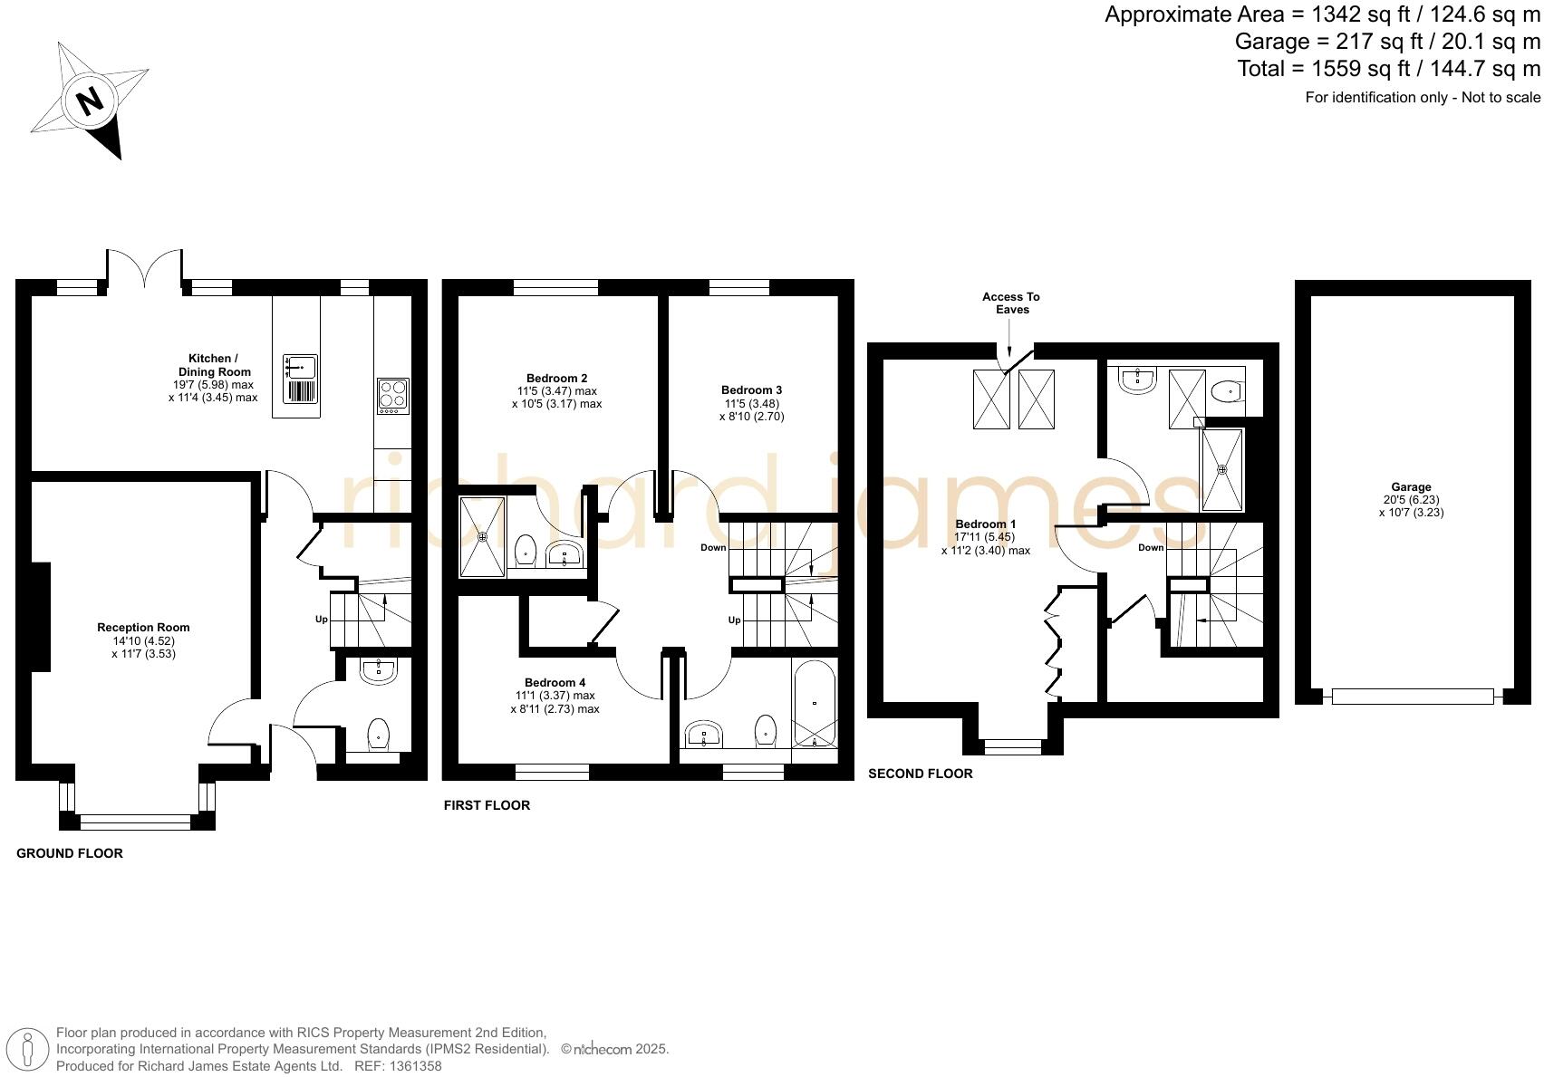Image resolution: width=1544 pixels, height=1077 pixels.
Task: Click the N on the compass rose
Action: pyautogui.click(x=90, y=101)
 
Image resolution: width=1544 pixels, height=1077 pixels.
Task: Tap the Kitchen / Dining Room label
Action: pyautogui.click(x=213, y=365)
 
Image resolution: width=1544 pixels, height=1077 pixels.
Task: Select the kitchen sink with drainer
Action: pyautogui.click(x=301, y=379)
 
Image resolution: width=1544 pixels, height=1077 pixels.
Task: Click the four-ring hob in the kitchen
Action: pyautogui.click(x=393, y=396)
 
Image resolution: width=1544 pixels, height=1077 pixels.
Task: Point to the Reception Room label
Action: pyautogui.click(x=143, y=627)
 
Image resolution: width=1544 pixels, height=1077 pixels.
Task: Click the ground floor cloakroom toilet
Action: pyautogui.click(x=378, y=734)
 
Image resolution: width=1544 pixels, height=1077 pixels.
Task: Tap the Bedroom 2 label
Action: pyautogui.click(x=556, y=378)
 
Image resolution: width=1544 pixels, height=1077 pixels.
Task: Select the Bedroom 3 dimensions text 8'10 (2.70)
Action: pyautogui.click(x=751, y=417)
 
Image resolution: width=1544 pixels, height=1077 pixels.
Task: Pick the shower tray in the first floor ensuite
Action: pyautogui.click(x=482, y=536)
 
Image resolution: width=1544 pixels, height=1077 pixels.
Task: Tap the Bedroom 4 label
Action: pyautogui.click(x=555, y=682)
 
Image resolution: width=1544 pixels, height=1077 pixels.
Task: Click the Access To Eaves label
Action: pyautogui.click(x=1011, y=303)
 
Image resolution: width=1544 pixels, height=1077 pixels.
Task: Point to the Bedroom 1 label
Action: pyautogui.click(x=985, y=524)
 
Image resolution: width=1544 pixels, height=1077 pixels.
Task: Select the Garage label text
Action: pyautogui.click(x=1411, y=486)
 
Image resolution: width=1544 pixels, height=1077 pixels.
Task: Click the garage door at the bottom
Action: pyautogui.click(x=1412, y=696)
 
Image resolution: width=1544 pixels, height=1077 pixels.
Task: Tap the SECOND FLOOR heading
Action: pyautogui.click(x=920, y=774)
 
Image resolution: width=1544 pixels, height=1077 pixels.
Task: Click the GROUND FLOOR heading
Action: pyautogui.click(x=70, y=853)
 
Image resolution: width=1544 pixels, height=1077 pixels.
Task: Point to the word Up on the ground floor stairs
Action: pyautogui.click(x=321, y=620)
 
